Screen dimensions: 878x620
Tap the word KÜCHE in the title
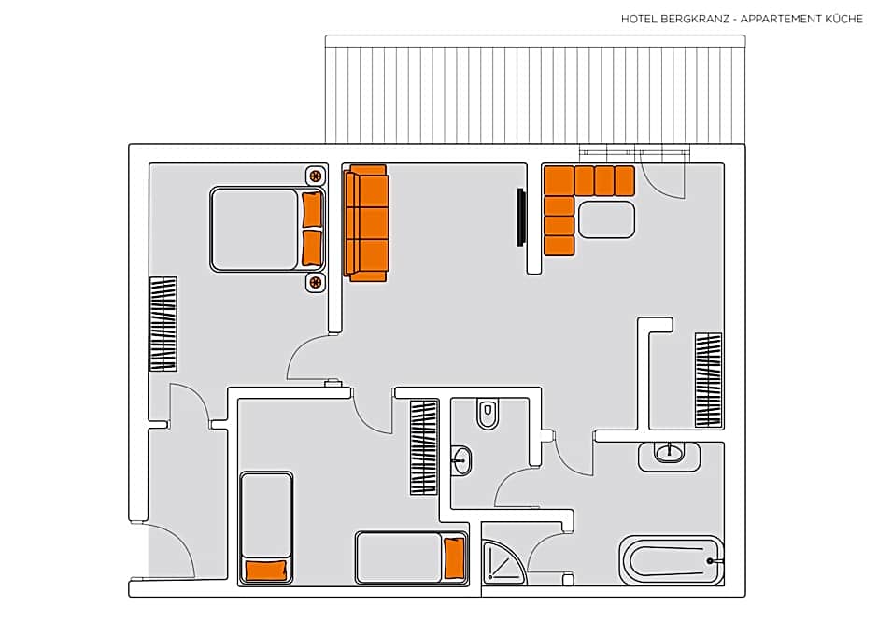click(x=844, y=19)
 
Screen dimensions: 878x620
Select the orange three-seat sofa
click(x=366, y=223)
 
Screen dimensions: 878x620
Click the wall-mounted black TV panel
click(x=521, y=218)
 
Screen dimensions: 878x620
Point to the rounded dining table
click(x=606, y=219)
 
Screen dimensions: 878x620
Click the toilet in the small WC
click(x=488, y=414)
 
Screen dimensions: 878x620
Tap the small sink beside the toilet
click(x=461, y=460)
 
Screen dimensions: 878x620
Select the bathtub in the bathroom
click(x=672, y=561)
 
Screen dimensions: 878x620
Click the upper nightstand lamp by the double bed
click(x=316, y=176)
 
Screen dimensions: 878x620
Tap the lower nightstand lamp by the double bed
click(x=316, y=283)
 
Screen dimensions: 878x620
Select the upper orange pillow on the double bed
click(x=312, y=210)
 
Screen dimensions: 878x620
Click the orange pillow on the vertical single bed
click(x=267, y=571)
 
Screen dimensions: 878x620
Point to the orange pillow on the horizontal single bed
click(x=454, y=557)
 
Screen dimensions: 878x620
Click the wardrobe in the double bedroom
click(x=163, y=324)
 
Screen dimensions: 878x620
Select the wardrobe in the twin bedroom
click(x=424, y=447)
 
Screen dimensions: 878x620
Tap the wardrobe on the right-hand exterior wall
click(x=709, y=381)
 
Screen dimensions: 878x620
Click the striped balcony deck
click(x=535, y=90)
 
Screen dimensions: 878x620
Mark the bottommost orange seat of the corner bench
click(x=559, y=246)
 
